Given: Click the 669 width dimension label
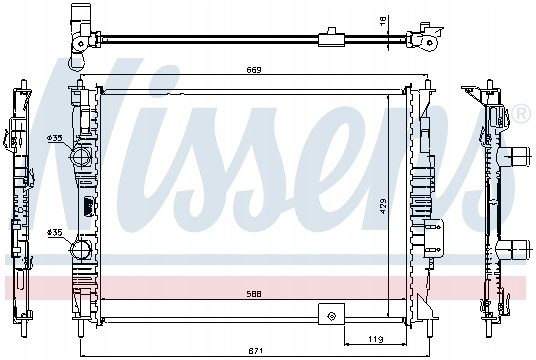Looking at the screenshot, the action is pyautogui.click(x=254, y=70).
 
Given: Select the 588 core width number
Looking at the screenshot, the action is pyautogui.click(x=254, y=294).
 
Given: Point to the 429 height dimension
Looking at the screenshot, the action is pyautogui.click(x=383, y=206).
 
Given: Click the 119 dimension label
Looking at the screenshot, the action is pyautogui.click(x=376, y=339).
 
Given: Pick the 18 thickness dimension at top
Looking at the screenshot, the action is pyautogui.click(x=383, y=20).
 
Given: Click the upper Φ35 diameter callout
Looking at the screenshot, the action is pyautogui.click(x=55, y=138).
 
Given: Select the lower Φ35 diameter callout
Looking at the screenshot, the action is pyautogui.click(x=55, y=232).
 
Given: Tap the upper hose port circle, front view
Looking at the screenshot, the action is pyautogui.click(x=81, y=156).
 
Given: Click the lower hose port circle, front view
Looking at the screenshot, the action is pyautogui.click(x=81, y=249).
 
